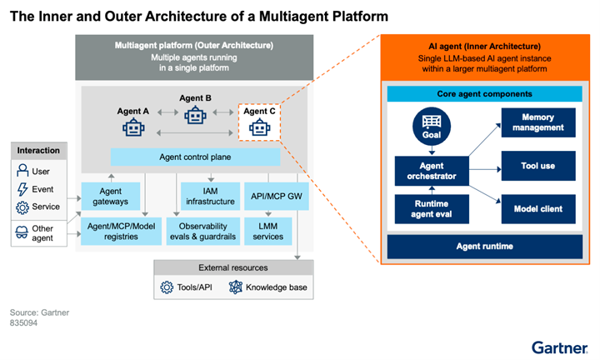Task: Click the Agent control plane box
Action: pyautogui.click(x=195, y=157)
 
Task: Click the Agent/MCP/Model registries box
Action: pyautogui.click(x=121, y=230)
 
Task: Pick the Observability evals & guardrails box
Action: pyautogui.click(x=205, y=230)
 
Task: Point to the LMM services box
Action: pyautogui.click(x=267, y=230)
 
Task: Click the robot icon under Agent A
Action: pyautogui.click(x=133, y=127)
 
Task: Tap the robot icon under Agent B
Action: pyautogui.click(x=196, y=115)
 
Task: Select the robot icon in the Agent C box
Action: pyautogui.click(x=261, y=127)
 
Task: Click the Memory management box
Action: pyautogui.click(x=537, y=123)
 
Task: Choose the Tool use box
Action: pyautogui.click(x=537, y=166)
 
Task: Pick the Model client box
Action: pyautogui.click(x=537, y=209)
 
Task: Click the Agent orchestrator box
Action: pyautogui.click(x=432, y=172)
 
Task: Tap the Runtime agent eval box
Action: pyautogui.click(x=432, y=209)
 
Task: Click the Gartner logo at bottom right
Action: pyautogui.click(x=560, y=346)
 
